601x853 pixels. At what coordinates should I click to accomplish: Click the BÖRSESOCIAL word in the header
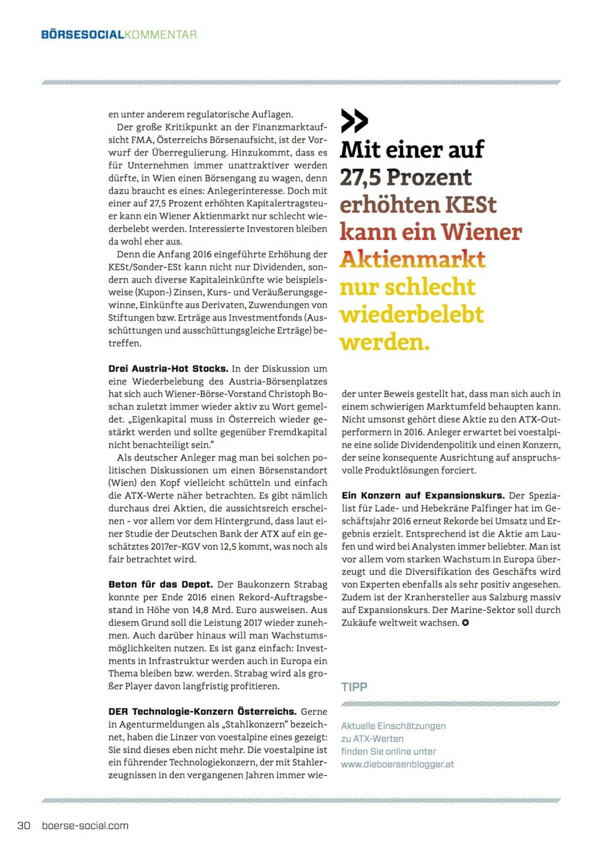82,35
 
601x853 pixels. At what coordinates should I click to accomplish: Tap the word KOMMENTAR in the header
160,35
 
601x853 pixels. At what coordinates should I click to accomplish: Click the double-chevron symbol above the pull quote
354,121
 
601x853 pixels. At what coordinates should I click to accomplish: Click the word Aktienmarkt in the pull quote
412,260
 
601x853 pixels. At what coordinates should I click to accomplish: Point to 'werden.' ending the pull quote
385,343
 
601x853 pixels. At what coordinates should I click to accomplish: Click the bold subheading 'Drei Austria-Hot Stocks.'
168,368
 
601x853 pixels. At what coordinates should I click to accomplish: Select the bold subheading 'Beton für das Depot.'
160,585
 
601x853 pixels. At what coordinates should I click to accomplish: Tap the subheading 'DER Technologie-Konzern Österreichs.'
202,712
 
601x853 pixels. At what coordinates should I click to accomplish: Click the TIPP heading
354,687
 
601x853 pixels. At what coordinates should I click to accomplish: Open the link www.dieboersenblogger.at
397,764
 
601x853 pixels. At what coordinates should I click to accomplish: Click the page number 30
24,825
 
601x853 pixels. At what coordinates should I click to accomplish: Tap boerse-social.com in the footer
85,825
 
